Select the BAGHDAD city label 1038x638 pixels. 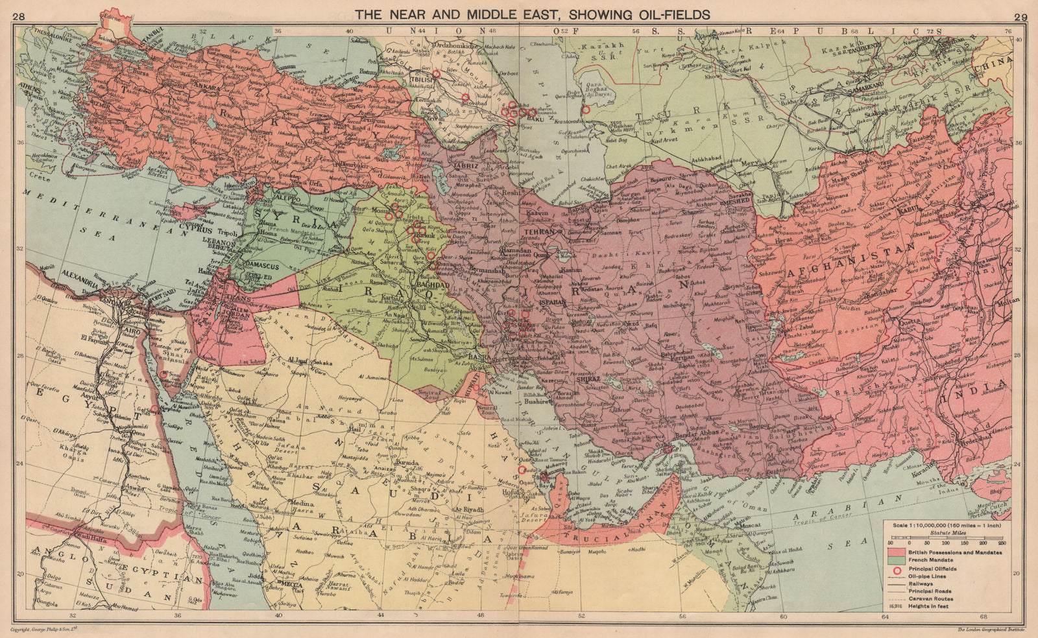tap(433, 285)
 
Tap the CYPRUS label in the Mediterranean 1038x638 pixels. tap(193, 229)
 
